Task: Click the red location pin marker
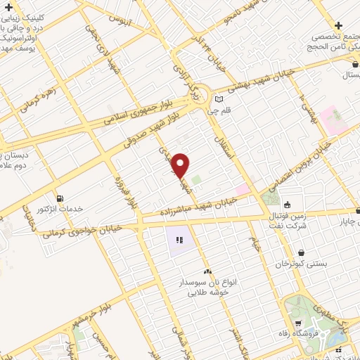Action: [x=181, y=165]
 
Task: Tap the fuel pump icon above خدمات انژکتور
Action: [x=58, y=198]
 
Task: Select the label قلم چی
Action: [x=218, y=110]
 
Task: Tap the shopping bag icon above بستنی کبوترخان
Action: [x=301, y=252]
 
